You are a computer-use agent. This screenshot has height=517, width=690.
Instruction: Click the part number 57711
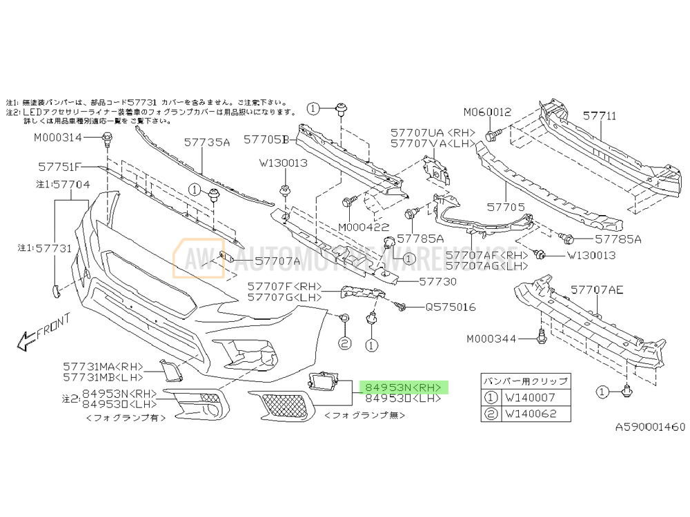point(600,116)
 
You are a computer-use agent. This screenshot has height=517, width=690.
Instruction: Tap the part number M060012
point(487,112)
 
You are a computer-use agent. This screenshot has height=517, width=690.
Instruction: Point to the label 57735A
point(206,143)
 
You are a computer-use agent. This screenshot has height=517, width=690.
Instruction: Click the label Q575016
point(450,307)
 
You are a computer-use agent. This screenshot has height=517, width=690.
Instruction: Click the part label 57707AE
point(597,290)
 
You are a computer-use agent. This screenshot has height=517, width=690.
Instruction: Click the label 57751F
point(59,167)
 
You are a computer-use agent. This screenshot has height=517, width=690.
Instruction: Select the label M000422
point(364,226)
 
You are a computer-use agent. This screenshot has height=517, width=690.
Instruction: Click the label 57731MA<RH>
point(103,367)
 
